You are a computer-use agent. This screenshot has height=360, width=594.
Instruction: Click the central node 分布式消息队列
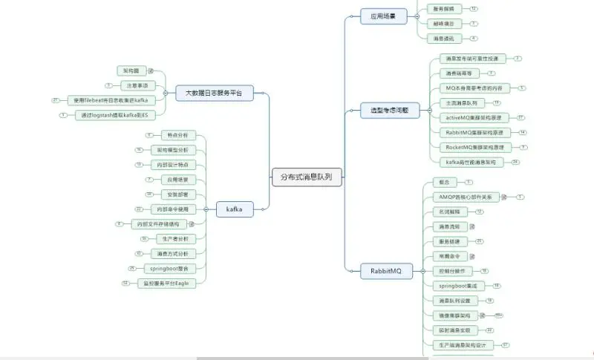click(x=307, y=177)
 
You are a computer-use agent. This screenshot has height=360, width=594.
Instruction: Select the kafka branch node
click(x=235, y=209)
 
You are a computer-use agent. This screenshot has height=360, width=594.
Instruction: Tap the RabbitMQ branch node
click(x=385, y=272)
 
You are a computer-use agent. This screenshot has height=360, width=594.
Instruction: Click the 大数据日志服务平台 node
click(x=215, y=94)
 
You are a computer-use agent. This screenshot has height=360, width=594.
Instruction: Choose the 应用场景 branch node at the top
click(x=383, y=15)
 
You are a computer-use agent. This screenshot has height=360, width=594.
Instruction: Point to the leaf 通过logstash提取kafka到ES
click(x=114, y=115)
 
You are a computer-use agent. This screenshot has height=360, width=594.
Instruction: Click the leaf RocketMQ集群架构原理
click(x=474, y=147)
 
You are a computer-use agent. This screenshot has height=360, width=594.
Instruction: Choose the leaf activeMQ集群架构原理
click(x=474, y=117)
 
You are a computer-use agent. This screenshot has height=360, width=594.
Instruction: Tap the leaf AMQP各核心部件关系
click(x=466, y=197)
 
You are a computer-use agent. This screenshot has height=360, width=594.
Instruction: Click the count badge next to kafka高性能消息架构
click(x=515, y=162)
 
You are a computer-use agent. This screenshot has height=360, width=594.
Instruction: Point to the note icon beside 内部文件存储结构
click(x=191, y=224)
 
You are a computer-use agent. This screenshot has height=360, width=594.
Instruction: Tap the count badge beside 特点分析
click(x=149, y=135)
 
